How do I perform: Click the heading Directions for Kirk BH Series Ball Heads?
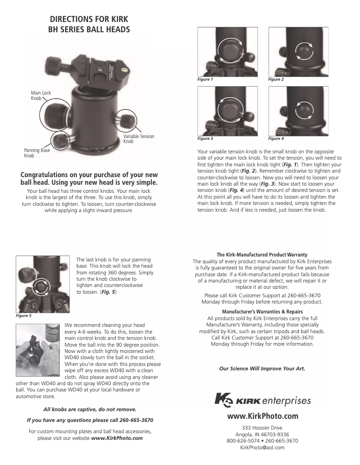point(89,25)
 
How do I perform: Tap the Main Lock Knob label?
point(41,95)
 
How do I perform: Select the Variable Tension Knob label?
point(138,139)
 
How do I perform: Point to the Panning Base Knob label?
point(37,153)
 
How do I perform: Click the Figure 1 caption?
point(205,79)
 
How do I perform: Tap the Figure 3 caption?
point(205,139)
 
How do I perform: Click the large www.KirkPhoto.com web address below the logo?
point(263,416)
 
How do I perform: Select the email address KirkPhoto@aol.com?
point(262,448)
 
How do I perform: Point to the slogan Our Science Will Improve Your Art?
point(262,369)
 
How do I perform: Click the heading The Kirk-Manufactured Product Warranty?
point(262,255)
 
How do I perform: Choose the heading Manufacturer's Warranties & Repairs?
point(262,312)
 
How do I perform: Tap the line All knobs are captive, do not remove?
point(90,409)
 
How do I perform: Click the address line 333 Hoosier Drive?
point(262,427)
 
